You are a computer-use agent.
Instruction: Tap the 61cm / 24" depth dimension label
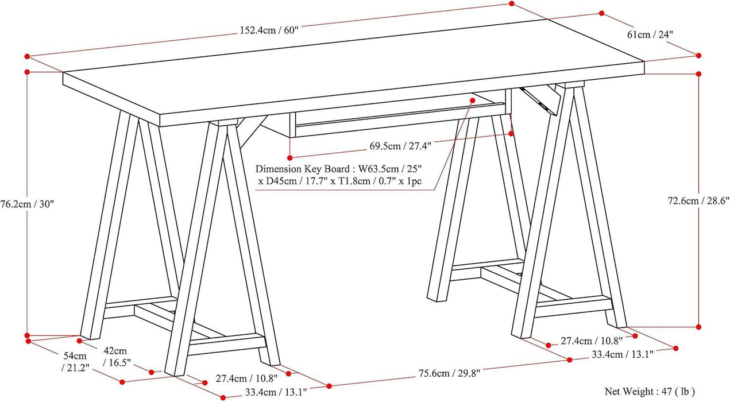coord(650,34)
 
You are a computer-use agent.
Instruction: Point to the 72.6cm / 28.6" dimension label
coord(698,200)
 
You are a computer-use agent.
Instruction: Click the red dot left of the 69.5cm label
coord(291,157)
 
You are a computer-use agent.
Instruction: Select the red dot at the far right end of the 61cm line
coord(699,56)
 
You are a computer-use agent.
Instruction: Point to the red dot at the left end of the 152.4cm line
coord(27,56)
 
